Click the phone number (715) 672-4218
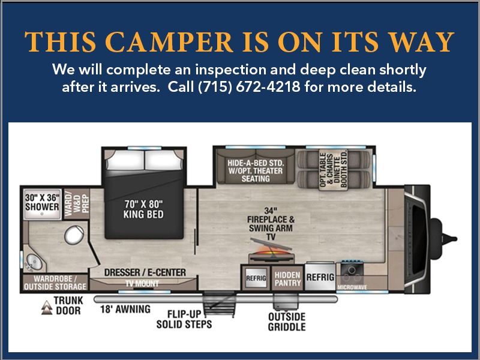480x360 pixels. [249, 87]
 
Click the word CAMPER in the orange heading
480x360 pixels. [169, 42]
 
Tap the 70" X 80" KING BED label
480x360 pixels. [143, 209]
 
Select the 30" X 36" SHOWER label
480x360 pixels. [42, 202]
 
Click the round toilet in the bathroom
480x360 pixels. [74, 235]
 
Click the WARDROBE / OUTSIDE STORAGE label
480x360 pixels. [55, 283]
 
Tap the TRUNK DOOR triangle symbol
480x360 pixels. [47, 308]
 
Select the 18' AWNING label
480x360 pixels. [125, 309]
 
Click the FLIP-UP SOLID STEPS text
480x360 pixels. [184, 319]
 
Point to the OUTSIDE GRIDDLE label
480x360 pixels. [287, 322]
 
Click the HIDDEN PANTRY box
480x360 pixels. [287, 278]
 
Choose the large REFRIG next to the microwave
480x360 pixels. [320, 277]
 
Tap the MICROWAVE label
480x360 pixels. [352, 287]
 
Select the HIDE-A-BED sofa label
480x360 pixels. [256, 171]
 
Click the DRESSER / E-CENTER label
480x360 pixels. [145, 272]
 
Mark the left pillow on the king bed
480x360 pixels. [125, 160]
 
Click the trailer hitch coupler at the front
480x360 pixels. [449, 238]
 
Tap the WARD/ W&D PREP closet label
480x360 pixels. [76, 203]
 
